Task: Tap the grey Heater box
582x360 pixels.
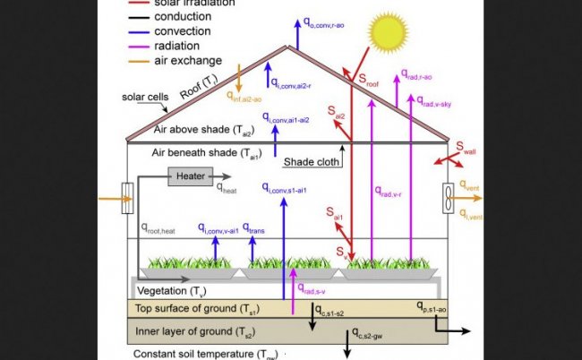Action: tap(190, 176)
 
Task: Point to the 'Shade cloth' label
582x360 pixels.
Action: tap(312, 162)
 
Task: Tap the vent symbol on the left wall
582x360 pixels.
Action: tap(127, 198)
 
